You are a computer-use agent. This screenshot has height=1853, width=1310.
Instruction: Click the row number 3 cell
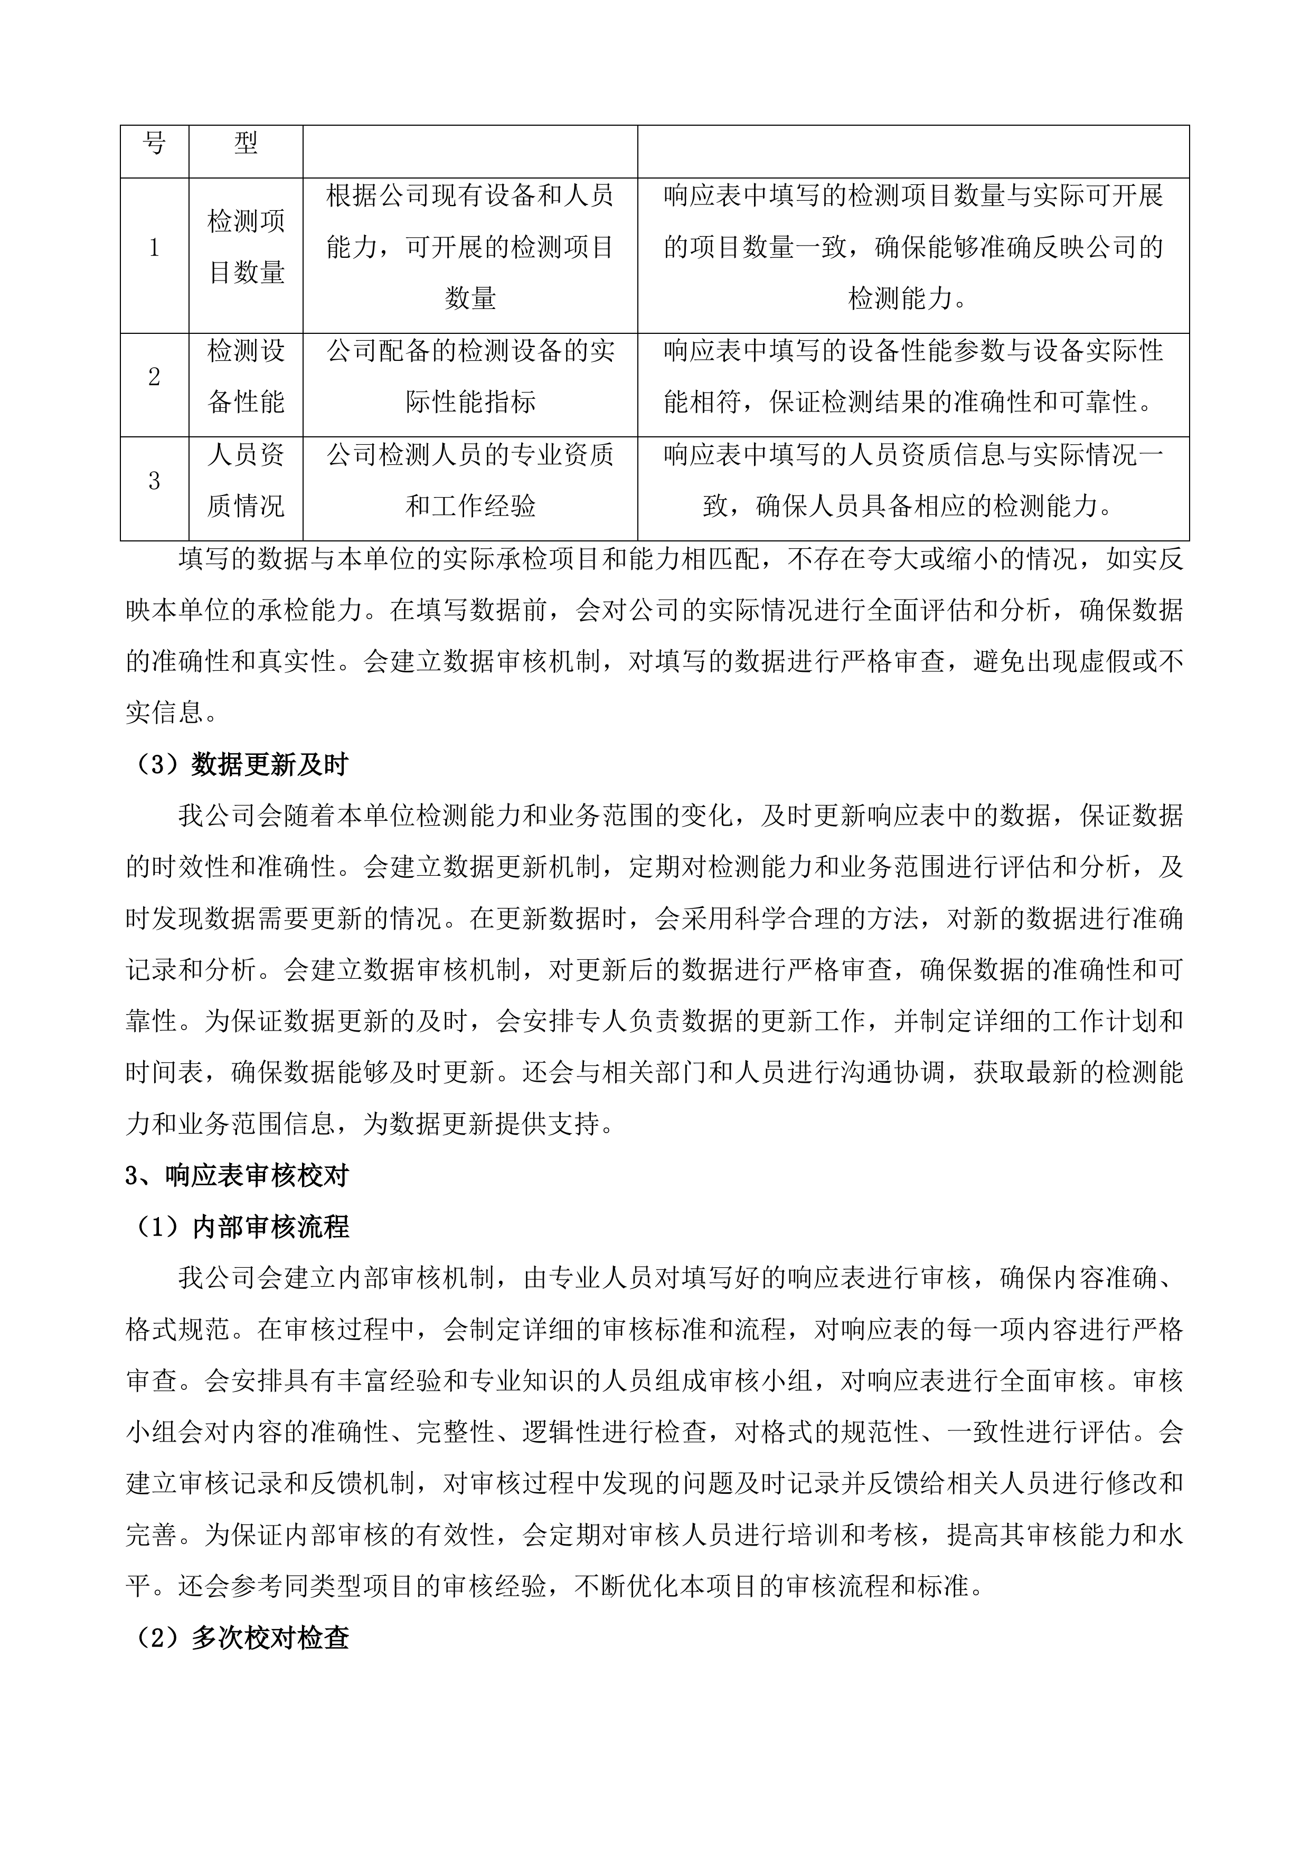pyautogui.click(x=154, y=481)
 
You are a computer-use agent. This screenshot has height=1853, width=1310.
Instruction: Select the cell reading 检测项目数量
pyautogui.click(x=246, y=247)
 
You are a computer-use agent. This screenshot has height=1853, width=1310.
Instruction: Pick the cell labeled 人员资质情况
pyautogui.click(x=246, y=481)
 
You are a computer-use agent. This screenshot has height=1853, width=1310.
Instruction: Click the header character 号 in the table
pyautogui.click(x=154, y=144)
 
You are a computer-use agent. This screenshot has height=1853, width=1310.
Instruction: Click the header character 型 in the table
pyautogui.click(x=246, y=144)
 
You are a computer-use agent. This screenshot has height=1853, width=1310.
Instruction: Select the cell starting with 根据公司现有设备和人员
pyautogui.click(x=470, y=247)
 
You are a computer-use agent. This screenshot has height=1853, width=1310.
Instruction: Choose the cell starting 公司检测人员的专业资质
pyautogui.click(x=470, y=481)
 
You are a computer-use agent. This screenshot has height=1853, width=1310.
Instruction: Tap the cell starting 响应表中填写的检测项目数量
pyautogui.click(x=913, y=247)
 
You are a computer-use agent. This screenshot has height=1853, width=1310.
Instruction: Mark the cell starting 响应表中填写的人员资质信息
pyautogui.click(x=913, y=481)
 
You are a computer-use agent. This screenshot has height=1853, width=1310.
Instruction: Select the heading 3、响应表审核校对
pyautogui.click(x=237, y=1176)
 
